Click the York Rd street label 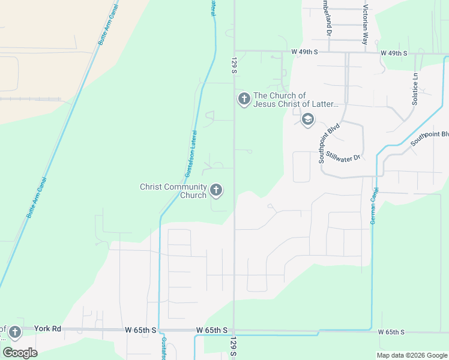(x=47, y=329)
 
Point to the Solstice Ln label (x=415, y=89)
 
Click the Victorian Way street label (x=364, y=25)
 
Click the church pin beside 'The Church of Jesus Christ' (x=244, y=99)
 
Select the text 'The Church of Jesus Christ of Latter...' (x=296, y=100)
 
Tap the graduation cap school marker (x=308, y=120)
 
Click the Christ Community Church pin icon (x=216, y=191)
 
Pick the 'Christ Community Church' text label (x=173, y=191)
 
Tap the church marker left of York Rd (x=14, y=332)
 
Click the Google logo (x=20, y=352)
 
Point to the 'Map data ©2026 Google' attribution (x=411, y=355)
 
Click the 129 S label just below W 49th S (x=234, y=66)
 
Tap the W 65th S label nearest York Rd (x=141, y=330)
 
